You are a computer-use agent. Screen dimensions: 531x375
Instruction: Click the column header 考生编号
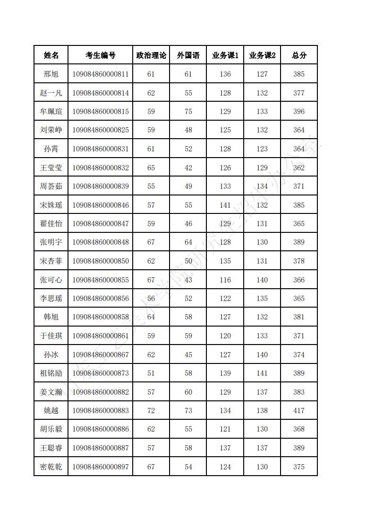[100, 55]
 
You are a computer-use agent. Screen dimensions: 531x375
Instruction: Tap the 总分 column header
[299, 55]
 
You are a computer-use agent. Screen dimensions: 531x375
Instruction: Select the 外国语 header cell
[188, 55]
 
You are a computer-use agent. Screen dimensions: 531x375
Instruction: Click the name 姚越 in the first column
[51, 411]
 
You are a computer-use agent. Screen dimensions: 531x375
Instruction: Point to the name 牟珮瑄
[51, 112]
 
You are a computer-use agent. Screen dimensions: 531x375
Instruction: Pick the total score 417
[299, 411]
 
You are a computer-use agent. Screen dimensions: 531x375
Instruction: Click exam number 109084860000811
[100, 74]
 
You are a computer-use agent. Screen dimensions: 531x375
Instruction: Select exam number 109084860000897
[100, 467]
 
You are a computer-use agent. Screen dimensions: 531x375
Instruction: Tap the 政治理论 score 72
[151, 411]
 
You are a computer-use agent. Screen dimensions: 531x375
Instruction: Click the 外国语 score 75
[188, 112]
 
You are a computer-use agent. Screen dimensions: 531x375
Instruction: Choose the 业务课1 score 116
[225, 280]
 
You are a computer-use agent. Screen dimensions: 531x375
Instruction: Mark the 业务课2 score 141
[262, 373]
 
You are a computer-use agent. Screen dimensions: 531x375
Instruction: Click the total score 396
[299, 112]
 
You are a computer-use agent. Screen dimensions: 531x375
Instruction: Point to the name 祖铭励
[51, 373]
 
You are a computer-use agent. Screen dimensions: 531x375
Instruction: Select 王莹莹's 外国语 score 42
[188, 168]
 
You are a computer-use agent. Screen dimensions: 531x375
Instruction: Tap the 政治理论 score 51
[151, 373]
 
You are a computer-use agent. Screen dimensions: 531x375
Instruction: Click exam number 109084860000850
[100, 261]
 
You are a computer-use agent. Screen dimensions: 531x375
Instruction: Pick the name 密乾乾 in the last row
[51, 467]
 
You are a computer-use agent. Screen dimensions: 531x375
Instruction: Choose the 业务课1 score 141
[225, 205]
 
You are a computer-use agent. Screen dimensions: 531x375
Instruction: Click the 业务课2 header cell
[262, 55]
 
